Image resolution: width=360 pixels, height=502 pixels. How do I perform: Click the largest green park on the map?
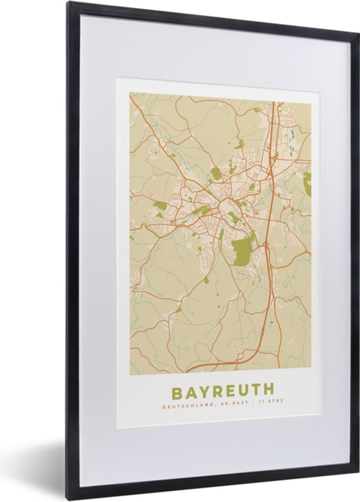click(240, 251)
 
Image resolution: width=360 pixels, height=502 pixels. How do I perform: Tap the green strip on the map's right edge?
click(308, 184)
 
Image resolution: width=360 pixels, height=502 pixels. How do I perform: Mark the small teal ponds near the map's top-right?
click(293, 135)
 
